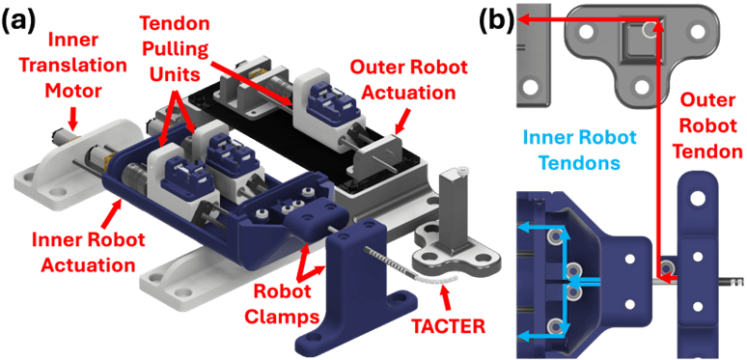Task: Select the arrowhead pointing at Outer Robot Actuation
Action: [x=399, y=126]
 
